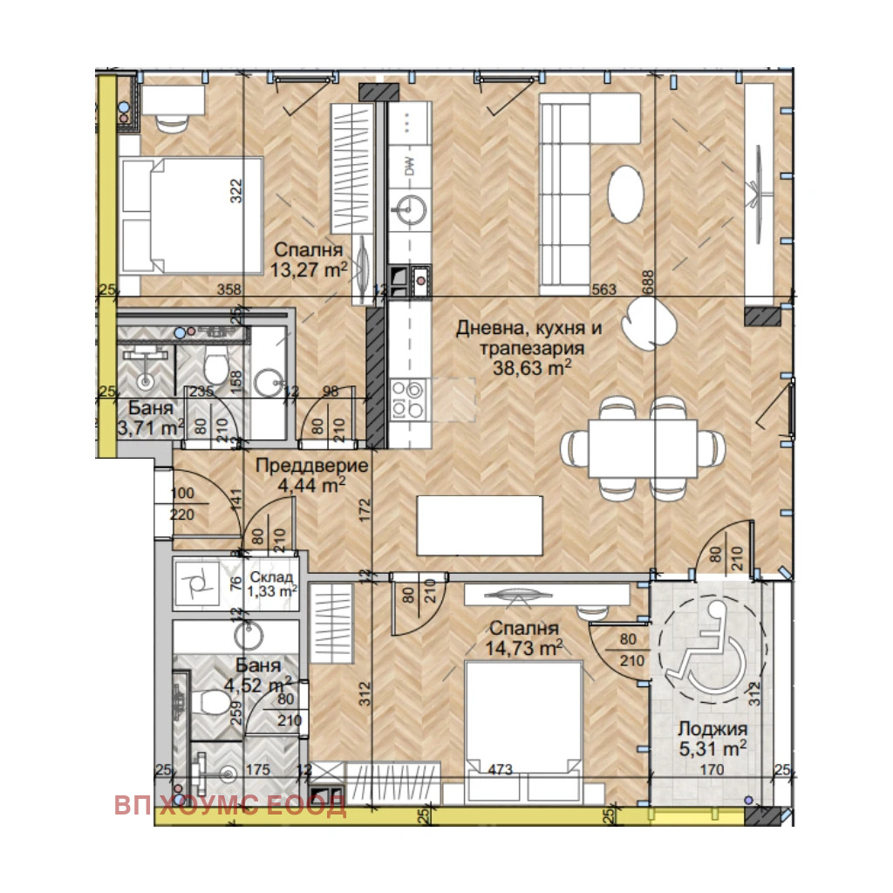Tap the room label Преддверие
(x=311, y=466)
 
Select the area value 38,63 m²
(x=532, y=368)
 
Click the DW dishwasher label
(x=410, y=166)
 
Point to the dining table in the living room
(x=643, y=448)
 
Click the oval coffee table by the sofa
(x=626, y=193)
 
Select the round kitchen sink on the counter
(x=409, y=209)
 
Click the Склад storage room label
(x=272, y=577)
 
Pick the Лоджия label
(x=712, y=729)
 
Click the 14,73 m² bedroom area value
(x=524, y=648)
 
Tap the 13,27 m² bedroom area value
(x=309, y=269)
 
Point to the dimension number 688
(x=648, y=282)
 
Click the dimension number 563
(x=603, y=290)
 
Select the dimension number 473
(x=500, y=770)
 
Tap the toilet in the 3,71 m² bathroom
(x=216, y=364)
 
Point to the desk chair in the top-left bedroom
(x=172, y=122)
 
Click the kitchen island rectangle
(x=480, y=525)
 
